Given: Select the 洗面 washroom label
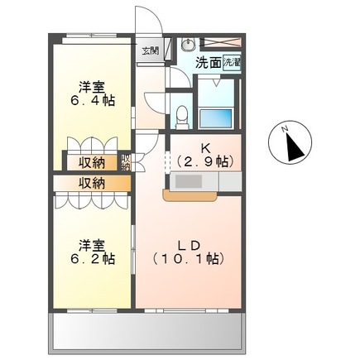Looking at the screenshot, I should click(208, 61).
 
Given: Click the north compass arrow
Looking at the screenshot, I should click(291, 147).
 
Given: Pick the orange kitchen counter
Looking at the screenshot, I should click(190, 195).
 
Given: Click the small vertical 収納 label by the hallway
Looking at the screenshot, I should click(126, 162).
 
